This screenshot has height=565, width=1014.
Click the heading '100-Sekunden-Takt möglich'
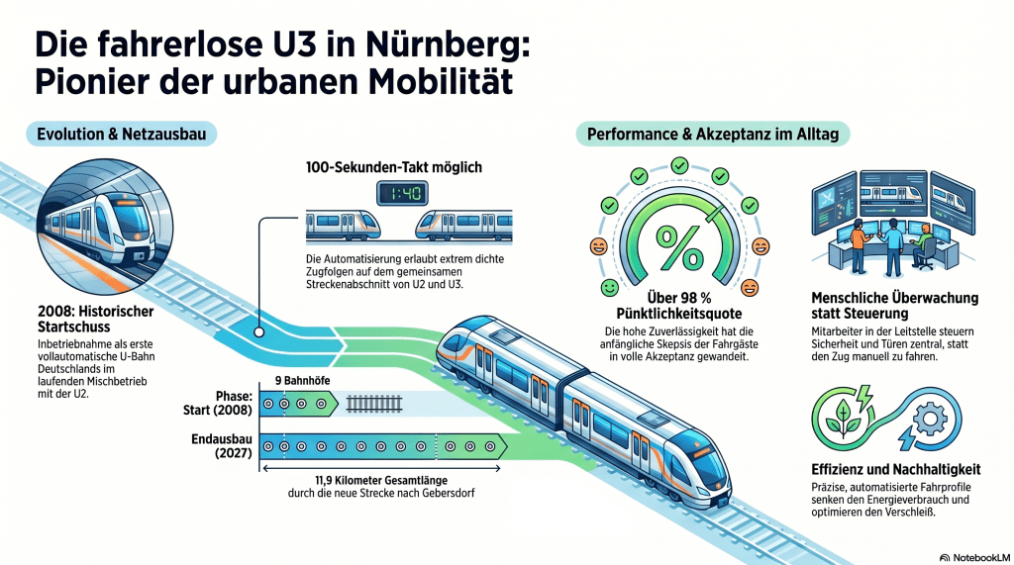[394, 167]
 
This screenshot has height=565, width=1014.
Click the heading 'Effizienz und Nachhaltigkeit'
[895, 470]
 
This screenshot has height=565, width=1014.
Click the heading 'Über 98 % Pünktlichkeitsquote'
[679, 305]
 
